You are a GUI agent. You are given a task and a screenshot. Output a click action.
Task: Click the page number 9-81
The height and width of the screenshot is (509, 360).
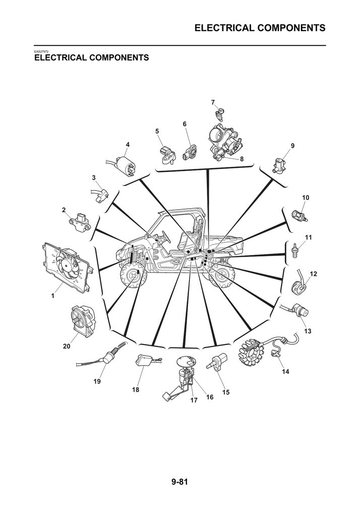click(x=179, y=482)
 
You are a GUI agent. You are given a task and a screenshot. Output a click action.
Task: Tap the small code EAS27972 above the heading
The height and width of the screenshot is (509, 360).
click(x=41, y=51)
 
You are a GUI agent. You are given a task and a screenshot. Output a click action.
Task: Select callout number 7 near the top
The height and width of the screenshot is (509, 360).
click(x=213, y=103)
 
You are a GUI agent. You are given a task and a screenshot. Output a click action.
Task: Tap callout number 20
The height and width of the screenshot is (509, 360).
click(x=66, y=346)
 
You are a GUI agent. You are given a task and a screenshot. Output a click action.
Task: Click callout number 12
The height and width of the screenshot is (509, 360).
click(x=313, y=274)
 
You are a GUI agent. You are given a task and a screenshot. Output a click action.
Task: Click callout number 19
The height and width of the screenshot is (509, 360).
click(x=97, y=381)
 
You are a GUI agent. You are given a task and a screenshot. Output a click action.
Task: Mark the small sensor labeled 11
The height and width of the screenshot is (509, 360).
click(x=295, y=250)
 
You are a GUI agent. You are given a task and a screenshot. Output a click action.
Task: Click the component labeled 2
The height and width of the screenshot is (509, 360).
click(x=80, y=223)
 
